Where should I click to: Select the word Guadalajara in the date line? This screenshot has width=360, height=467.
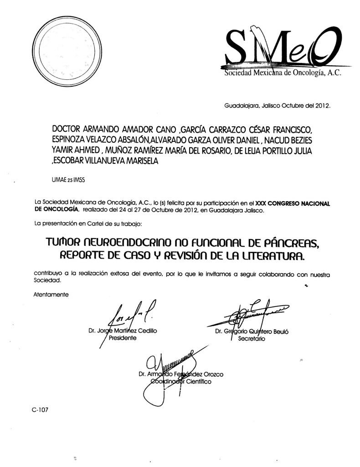240,106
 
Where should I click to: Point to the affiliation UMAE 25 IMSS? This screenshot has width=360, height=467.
69,180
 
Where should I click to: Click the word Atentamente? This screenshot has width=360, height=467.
51,294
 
